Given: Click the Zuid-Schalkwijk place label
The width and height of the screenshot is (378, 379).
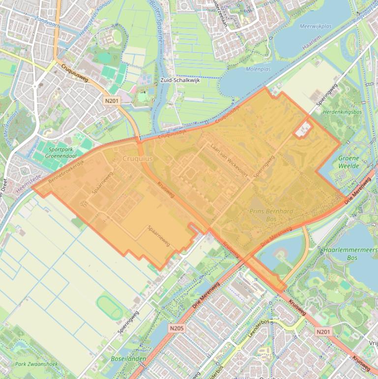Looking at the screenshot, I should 180,80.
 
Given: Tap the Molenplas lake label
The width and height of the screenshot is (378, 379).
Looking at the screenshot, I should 258,70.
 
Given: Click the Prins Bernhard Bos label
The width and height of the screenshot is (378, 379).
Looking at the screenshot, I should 271,215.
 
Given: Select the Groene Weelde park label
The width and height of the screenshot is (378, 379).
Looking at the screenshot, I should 349,162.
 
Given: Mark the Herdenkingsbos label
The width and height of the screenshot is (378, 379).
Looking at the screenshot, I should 343,112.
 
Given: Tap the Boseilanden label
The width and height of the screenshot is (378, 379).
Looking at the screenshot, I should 128,359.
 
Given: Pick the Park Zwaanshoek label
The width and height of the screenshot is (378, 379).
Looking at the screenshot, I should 36,364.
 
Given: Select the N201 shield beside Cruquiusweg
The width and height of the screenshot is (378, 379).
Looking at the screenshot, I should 111,100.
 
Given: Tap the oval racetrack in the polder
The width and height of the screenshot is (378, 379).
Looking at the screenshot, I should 109,307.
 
